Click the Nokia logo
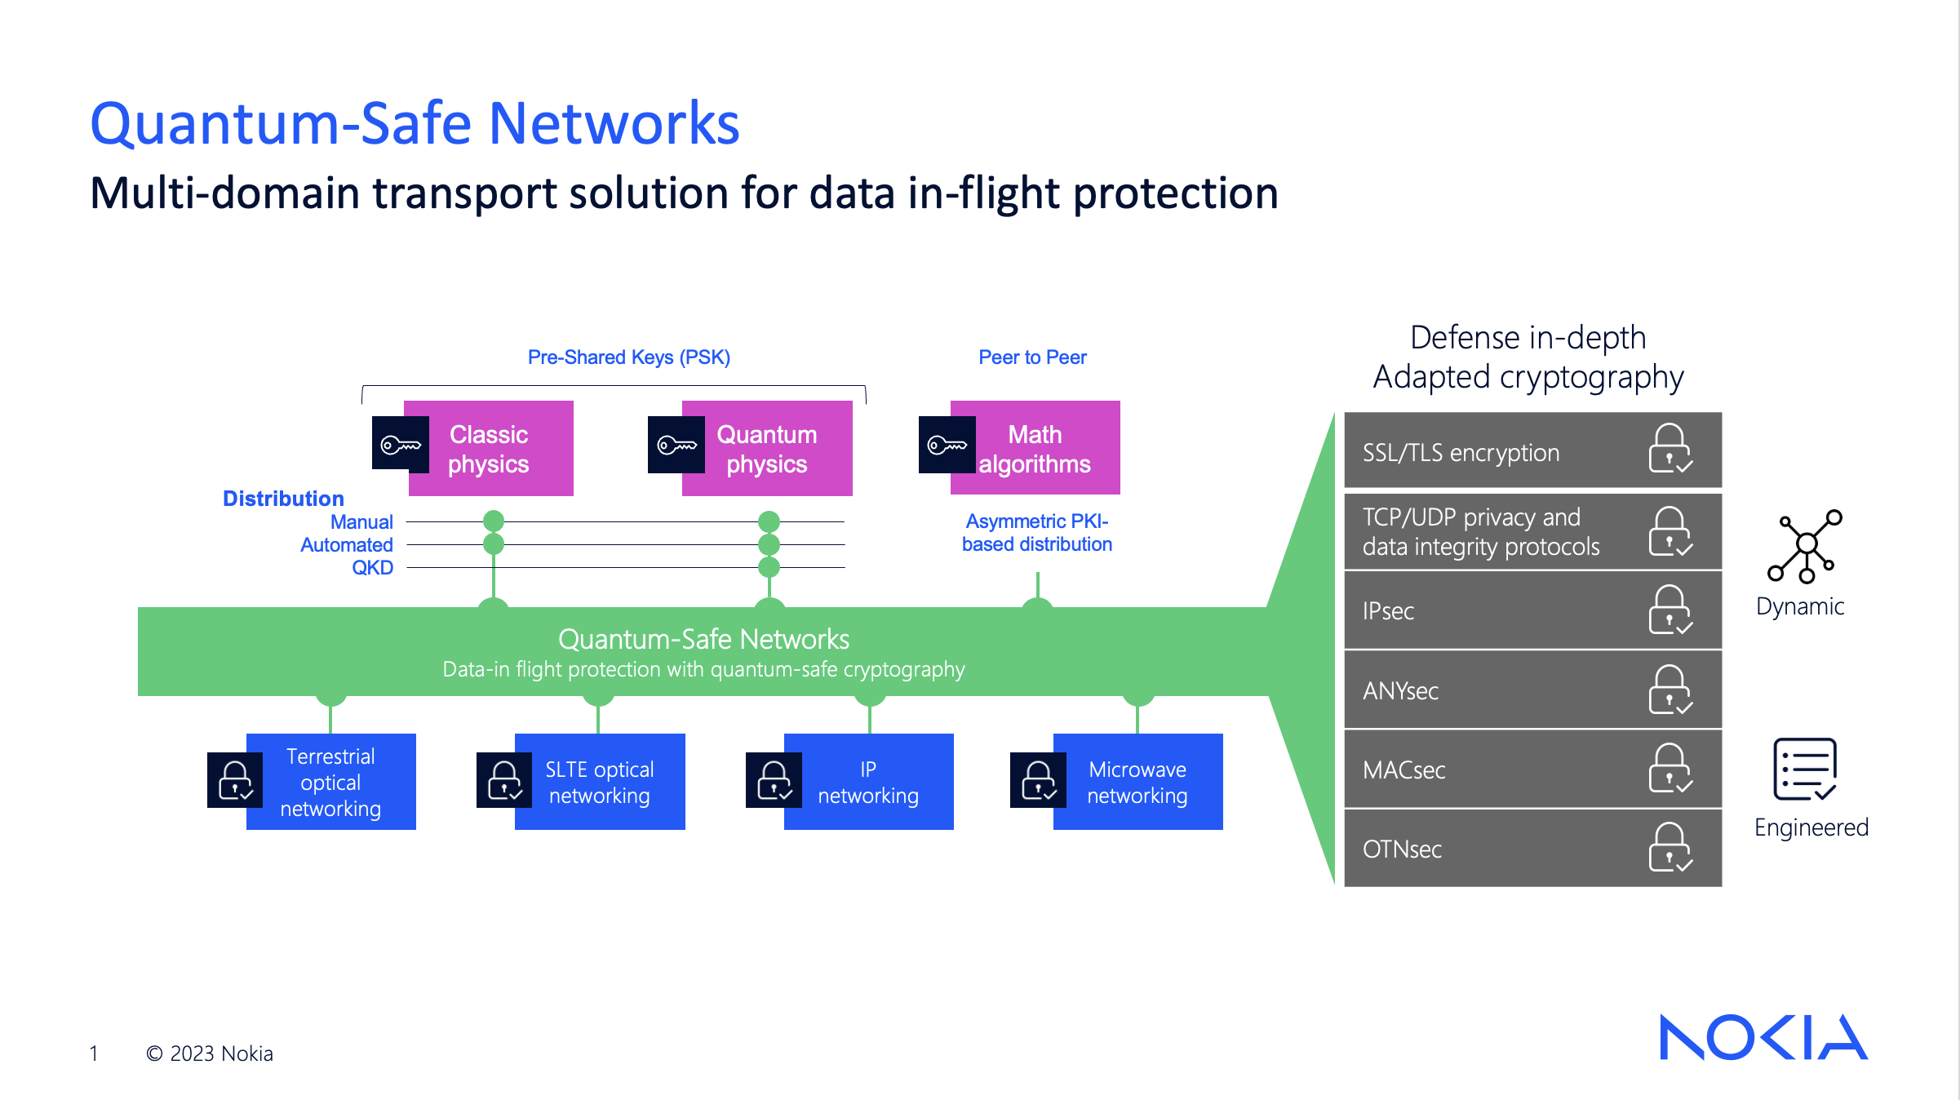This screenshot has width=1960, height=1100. click(x=1763, y=1037)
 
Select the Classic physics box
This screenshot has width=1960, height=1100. click(x=490, y=449)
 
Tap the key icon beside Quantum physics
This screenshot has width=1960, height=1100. click(x=676, y=445)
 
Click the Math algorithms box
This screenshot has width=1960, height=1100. click(x=1035, y=449)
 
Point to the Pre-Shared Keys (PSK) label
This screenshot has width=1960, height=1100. click(x=628, y=357)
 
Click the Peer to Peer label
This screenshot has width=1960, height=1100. click(x=1032, y=357)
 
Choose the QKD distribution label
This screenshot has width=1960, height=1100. click(x=372, y=568)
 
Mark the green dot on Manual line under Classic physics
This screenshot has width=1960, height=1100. click(x=494, y=521)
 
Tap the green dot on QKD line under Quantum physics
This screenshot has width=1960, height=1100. click(x=769, y=567)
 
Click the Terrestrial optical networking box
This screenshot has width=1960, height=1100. click(x=331, y=782)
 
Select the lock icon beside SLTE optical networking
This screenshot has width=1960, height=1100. click(x=504, y=780)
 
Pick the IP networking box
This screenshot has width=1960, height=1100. click(x=868, y=782)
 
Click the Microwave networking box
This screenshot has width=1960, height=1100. click(x=1137, y=782)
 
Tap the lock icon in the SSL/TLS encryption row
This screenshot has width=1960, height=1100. click(x=1670, y=449)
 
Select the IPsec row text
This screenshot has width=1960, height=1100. click(x=1388, y=611)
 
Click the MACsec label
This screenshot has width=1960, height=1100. click(x=1403, y=770)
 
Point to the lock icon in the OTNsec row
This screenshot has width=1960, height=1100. click(x=1670, y=848)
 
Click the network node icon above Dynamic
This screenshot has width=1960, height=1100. click(x=1805, y=546)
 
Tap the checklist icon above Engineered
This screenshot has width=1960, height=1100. click(x=1805, y=769)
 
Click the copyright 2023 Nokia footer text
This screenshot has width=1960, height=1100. click(x=210, y=1053)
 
